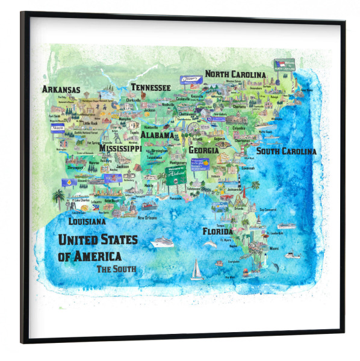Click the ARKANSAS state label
(61, 90)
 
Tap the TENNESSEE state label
(151, 87)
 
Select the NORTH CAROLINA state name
(235, 74)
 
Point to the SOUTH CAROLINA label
(286, 152)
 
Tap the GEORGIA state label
(203, 150)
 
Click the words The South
(116, 268)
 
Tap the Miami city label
(274, 248)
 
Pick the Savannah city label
(248, 168)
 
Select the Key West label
(230, 277)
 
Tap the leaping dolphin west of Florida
(210, 243)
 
